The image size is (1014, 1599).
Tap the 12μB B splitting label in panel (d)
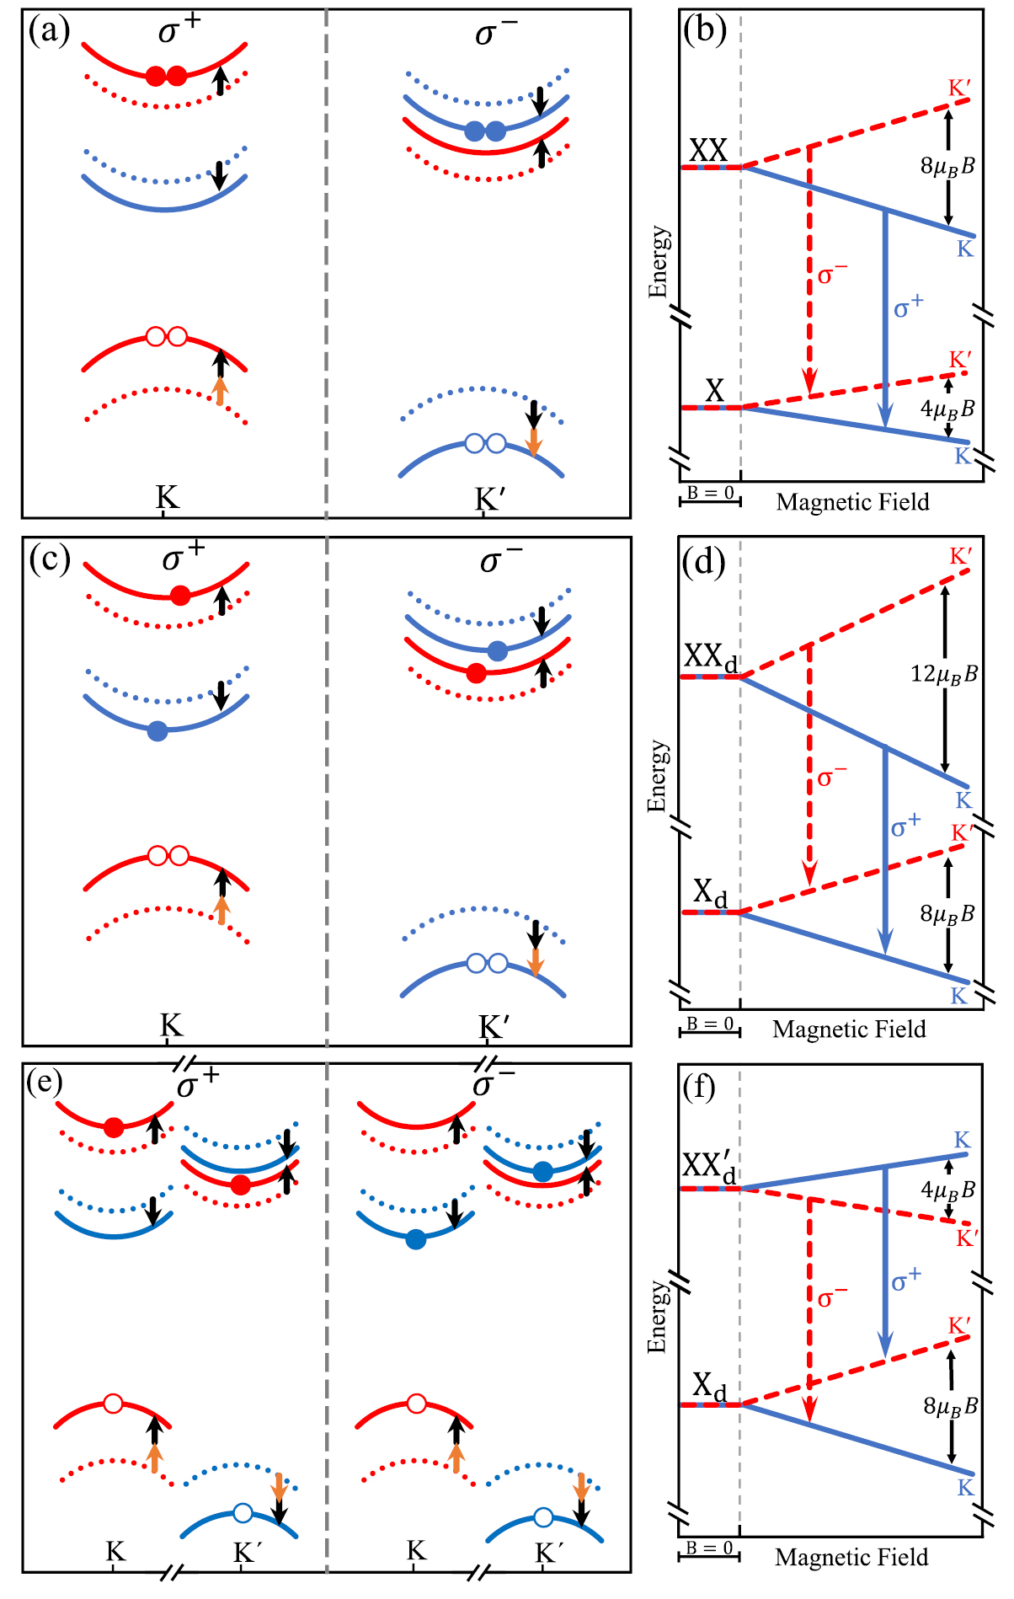(x=943, y=674)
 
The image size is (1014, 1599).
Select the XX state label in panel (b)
(x=707, y=151)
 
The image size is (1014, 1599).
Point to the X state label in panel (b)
(x=714, y=391)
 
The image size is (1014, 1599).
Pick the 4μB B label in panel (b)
(x=947, y=409)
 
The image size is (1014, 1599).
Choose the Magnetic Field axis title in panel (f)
(x=851, y=1558)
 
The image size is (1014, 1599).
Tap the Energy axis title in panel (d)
(x=658, y=776)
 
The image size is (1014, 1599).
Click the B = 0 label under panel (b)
(x=710, y=493)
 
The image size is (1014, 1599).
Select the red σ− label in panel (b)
(x=831, y=275)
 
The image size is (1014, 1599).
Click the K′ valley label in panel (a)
(x=490, y=500)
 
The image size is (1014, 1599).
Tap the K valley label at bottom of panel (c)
(x=171, y=1025)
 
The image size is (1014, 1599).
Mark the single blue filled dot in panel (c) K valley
(x=157, y=731)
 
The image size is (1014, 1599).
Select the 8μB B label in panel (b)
(x=947, y=166)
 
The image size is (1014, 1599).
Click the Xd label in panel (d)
(x=710, y=893)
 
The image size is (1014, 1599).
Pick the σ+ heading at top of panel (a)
(x=179, y=31)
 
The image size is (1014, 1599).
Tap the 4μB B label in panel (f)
(x=947, y=1190)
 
